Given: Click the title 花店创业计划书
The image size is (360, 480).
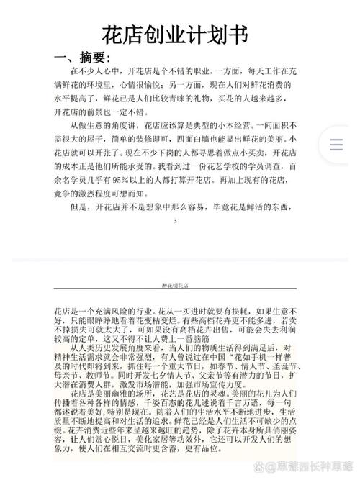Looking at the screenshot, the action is [x=179, y=35].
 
